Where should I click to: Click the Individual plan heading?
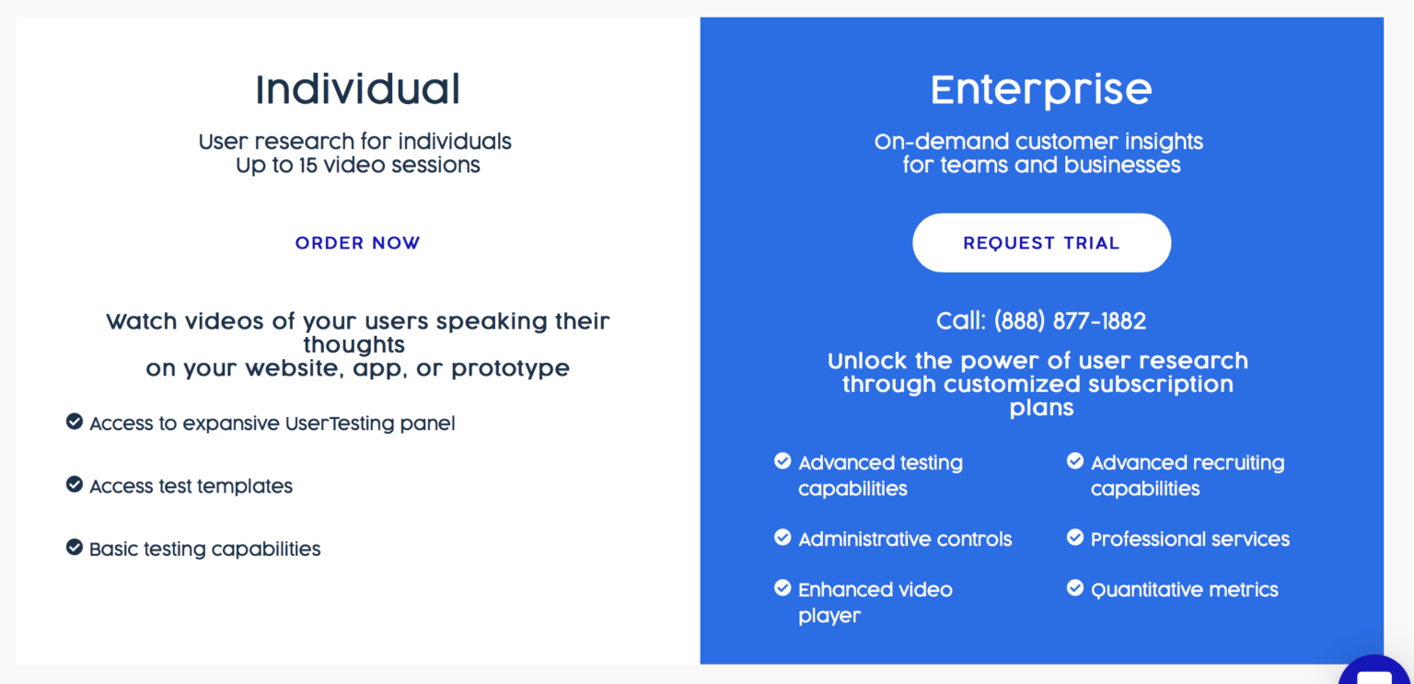click(x=358, y=89)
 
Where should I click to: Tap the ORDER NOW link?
click(x=357, y=243)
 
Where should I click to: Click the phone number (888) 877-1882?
click(x=1070, y=321)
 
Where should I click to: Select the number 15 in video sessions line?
click(x=308, y=166)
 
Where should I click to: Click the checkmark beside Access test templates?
click(x=75, y=484)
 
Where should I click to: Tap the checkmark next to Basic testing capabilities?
click(x=75, y=547)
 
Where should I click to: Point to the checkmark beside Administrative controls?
click(x=782, y=537)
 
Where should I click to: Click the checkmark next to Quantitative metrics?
click(x=1075, y=587)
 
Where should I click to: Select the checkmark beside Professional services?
click(x=1075, y=537)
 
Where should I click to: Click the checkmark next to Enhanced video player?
click(x=782, y=587)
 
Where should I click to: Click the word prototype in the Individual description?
click(x=511, y=368)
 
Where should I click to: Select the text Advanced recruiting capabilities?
click(x=1188, y=475)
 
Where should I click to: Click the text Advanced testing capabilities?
click(x=881, y=475)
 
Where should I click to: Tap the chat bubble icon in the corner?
click(x=1375, y=673)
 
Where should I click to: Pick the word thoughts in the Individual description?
click(x=354, y=345)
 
